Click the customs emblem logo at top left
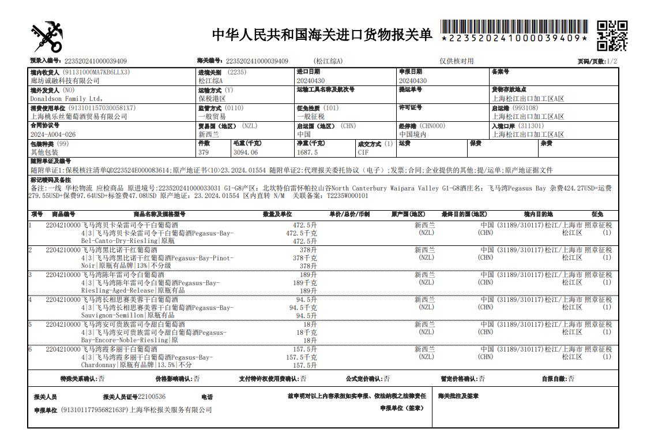click(x=46, y=36)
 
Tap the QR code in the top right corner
click(x=611, y=36)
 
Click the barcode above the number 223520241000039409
click(x=514, y=27)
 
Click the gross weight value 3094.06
click(x=246, y=152)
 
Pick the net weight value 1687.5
click(x=307, y=152)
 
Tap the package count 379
click(x=204, y=152)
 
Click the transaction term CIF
click(x=363, y=152)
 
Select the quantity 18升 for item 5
click(x=310, y=324)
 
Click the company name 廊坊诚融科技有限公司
click(x=65, y=81)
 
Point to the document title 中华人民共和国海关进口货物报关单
click(x=322, y=35)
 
